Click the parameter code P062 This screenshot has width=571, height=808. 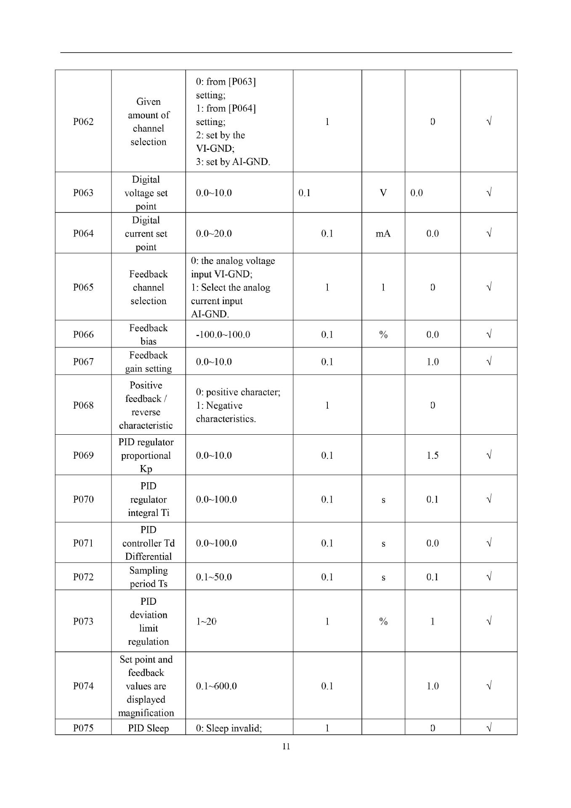83,122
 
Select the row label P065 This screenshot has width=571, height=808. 83,287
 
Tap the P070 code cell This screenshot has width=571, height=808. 83,500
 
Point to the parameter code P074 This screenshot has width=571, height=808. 83,686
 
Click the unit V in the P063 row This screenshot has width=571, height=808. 383,193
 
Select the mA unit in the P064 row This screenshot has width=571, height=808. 383,234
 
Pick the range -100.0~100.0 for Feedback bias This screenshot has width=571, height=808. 223,335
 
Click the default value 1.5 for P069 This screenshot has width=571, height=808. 433,455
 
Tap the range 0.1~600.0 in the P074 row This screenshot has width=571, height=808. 216,686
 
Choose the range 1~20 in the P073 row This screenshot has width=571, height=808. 206,622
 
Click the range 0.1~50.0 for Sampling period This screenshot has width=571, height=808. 214,577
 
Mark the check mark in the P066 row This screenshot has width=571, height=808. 489,335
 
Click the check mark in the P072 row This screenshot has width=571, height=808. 489,577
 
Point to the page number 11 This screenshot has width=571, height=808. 286,747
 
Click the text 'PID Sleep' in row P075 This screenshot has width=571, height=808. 149,728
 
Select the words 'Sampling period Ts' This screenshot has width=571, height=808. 149,577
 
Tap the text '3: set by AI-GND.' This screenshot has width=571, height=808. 233,162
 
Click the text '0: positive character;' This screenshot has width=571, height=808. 238,392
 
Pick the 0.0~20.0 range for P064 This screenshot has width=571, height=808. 214,234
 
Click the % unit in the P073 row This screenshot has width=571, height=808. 383,622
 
